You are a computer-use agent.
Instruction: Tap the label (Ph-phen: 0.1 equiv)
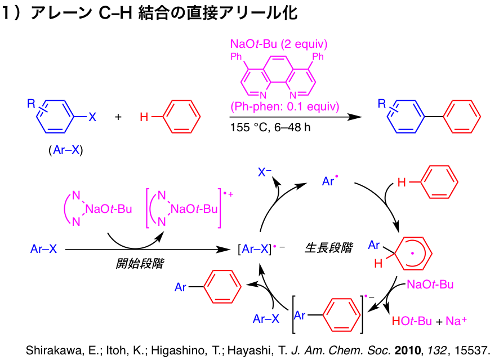coord(284,106)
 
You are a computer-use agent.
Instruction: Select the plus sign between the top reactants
coord(118,117)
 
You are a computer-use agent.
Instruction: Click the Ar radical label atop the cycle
coord(329,181)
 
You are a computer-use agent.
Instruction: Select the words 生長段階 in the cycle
coord(328,247)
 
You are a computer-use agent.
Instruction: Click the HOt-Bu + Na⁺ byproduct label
coord(427,321)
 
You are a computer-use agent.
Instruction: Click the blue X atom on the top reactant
coord(93,117)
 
